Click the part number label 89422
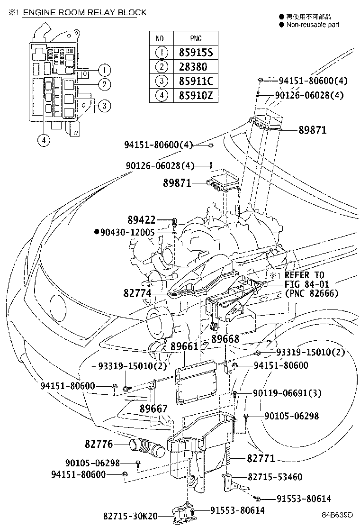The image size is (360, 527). point(142,220)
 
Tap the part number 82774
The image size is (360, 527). point(137,294)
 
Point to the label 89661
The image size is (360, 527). point(184,347)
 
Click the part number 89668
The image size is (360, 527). point(225,339)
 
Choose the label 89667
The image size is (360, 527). point(153,408)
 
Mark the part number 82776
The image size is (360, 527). point(99,444)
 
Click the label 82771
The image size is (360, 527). point(261,458)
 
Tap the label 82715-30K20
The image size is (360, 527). point(131,516)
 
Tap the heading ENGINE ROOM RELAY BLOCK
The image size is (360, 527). point(85,12)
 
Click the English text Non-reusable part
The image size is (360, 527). point(312,25)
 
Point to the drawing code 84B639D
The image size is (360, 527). point(338,514)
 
